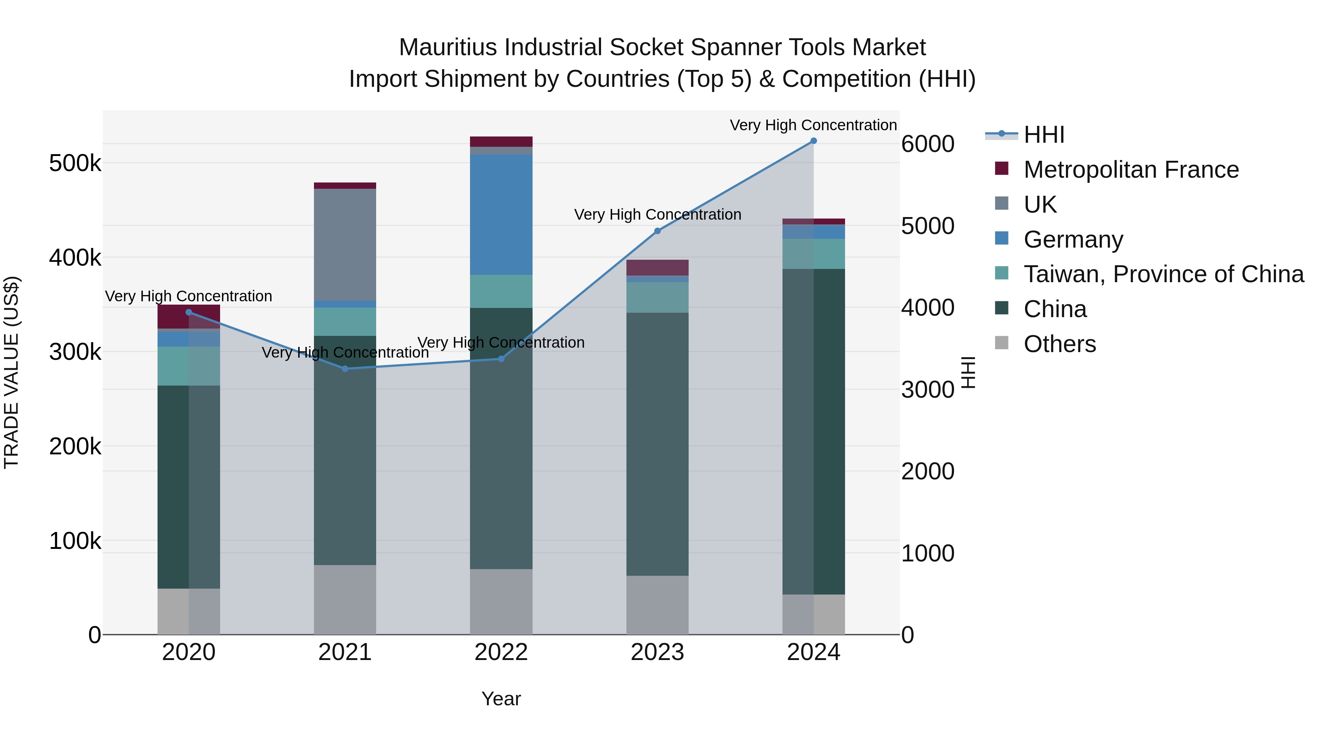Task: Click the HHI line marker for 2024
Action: [x=813, y=141]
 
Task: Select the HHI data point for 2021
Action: [x=344, y=369]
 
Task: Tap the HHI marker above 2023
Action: [x=657, y=231]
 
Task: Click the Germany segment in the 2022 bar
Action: [x=501, y=214]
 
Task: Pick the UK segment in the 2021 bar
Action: [x=344, y=245]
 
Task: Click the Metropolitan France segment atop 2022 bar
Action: [x=501, y=141]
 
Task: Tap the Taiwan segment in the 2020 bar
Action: [x=188, y=366]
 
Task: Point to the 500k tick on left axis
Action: [x=75, y=163]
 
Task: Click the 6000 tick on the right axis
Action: [x=928, y=144]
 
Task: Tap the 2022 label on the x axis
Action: [x=501, y=652]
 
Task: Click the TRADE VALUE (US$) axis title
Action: [x=11, y=372]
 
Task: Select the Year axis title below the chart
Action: [x=501, y=699]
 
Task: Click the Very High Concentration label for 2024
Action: [x=813, y=125]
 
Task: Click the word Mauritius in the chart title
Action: [x=448, y=47]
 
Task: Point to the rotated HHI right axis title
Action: [x=968, y=372]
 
